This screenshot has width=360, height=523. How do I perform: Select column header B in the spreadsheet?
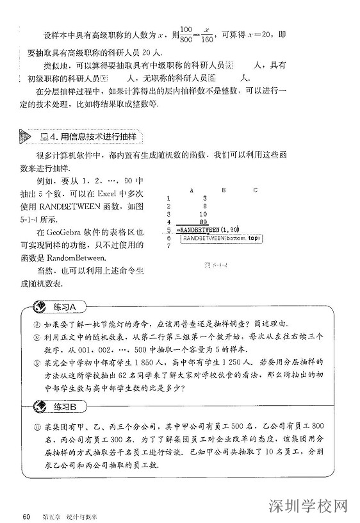click(223, 190)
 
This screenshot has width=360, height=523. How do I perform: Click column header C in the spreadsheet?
click(255, 190)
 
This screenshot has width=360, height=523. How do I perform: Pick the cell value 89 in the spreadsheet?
click(202, 222)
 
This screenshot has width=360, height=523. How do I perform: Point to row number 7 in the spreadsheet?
click(168, 245)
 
